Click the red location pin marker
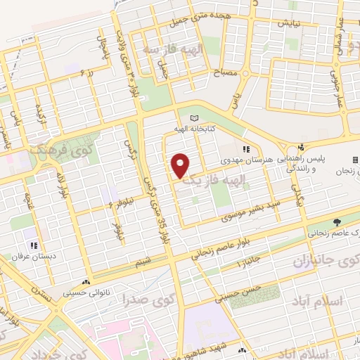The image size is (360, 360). pyautogui.click(x=181, y=166)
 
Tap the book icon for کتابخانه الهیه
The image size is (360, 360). pyautogui.click(x=195, y=118)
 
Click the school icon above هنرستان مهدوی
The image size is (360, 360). pyautogui.click(x=246, y=149)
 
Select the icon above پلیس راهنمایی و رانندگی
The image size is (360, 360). pyautogui.click(x=300, y=147)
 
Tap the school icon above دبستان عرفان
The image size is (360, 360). pyautogui.click(x=34, y=245)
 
